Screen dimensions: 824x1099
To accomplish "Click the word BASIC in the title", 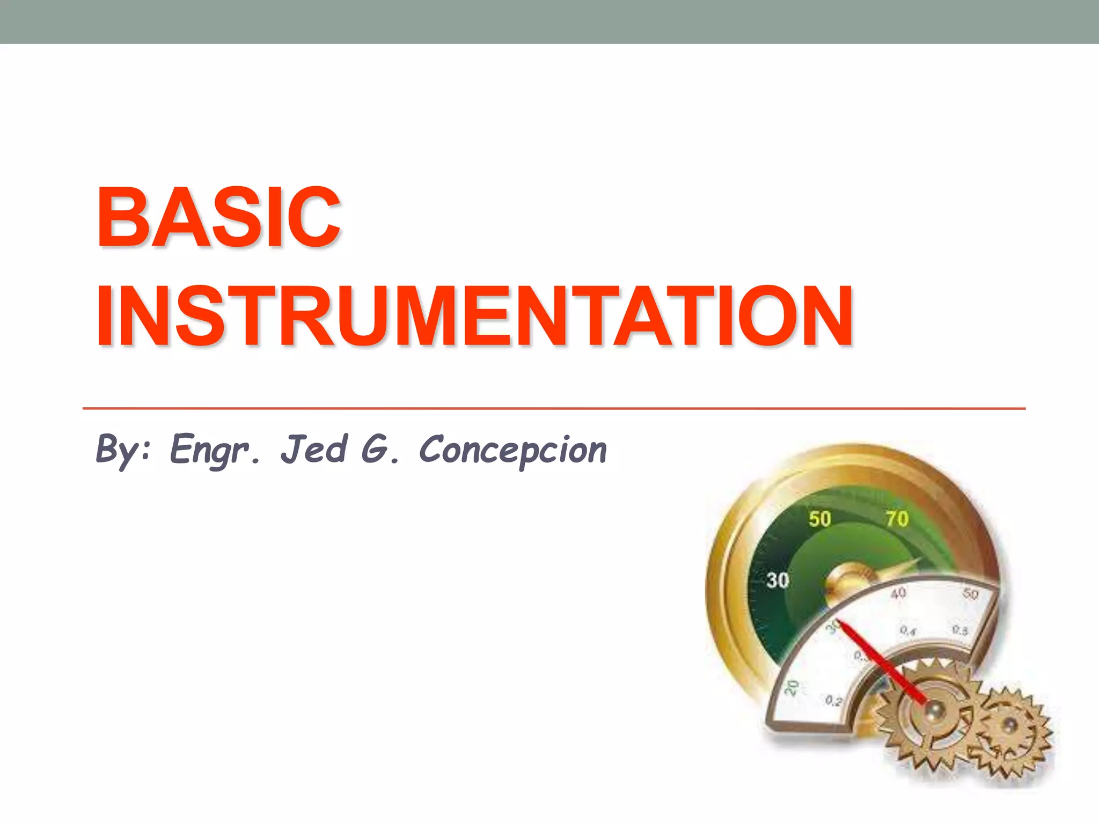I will (x=218, y=217).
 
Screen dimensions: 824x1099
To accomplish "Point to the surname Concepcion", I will (x=512, y=450).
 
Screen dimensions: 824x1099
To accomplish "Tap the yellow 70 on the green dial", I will (x=897, y=519).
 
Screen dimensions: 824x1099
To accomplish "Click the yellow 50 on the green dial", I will (x=820, y=519).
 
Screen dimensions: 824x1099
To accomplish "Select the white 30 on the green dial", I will (x=778, y=580).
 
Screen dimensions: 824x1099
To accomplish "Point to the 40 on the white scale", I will (x=898, y=593).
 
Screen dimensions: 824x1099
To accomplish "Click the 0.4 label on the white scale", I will (x=907, y=631).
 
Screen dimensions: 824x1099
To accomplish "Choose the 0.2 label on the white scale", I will (x=833, y=701).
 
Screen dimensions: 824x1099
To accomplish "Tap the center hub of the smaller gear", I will (x=1010, y=725).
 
